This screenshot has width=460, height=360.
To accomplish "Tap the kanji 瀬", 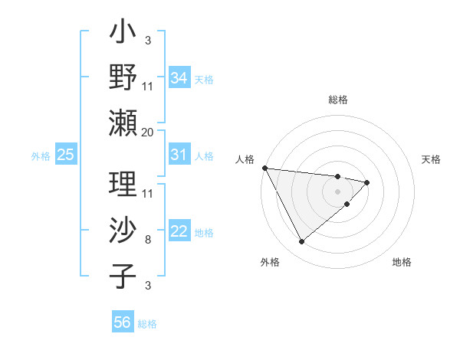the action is [123, 123].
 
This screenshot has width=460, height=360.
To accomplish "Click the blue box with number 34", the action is [179, 78].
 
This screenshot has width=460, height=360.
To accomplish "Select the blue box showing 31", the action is [179, 155].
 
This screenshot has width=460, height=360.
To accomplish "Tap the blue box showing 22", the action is [179, 232].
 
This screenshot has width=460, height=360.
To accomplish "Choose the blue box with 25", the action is [65, 155].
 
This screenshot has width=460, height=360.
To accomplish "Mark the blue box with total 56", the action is [122, 322].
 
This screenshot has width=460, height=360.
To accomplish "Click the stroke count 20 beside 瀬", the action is [148, 133].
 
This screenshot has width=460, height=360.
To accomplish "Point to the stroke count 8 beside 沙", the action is [148, 240].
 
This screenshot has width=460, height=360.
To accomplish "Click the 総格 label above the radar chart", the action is [337, 100].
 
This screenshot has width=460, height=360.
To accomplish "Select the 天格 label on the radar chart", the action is [432, 159].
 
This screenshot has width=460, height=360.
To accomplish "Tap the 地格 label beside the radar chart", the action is [402, 262].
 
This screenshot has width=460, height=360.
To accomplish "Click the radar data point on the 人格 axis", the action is [264, 168].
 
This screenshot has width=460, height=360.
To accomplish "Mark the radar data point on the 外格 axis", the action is [301, 242].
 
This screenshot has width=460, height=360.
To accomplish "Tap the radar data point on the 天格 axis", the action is [367, 182].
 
